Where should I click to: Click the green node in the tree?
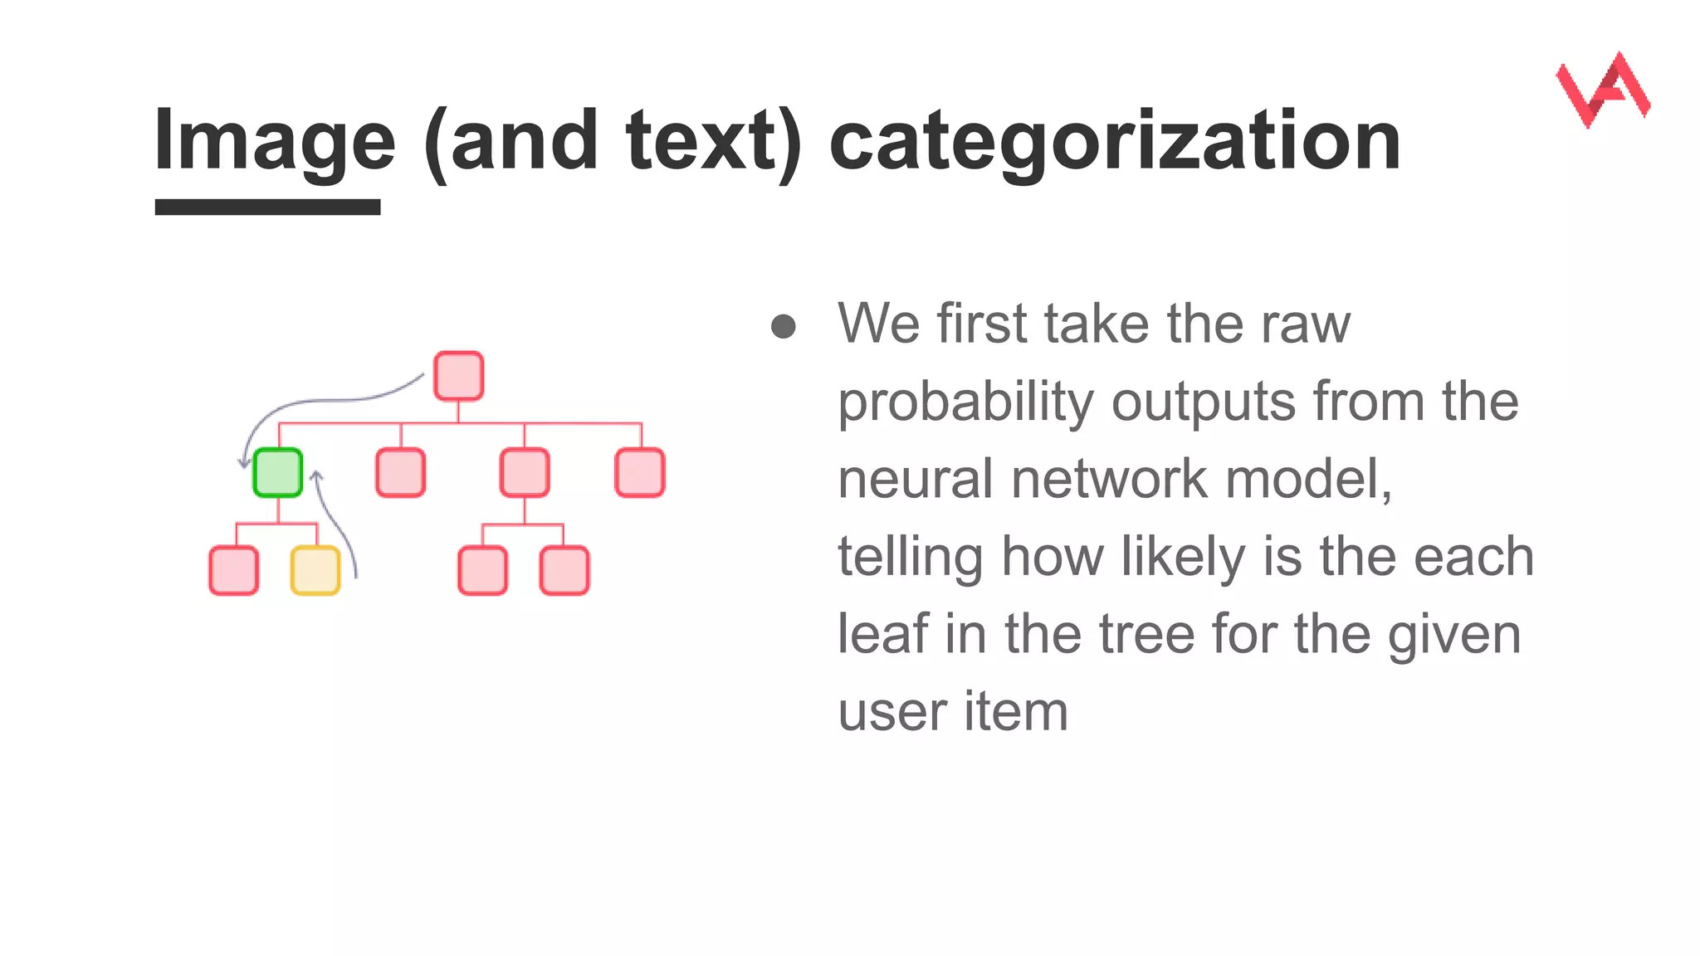[x=277, y=473]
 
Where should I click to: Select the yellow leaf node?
[x=315, y=571]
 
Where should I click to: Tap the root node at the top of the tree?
[x=459, y=376]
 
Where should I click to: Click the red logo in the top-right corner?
[x=1603, y=90]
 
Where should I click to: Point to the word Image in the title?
[x=275, y=141]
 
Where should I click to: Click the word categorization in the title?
[x=1115, y=141]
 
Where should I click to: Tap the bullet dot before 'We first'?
[x=784, y=326]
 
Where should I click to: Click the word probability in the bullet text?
[x=965, y=402]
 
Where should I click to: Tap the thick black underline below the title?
[x=267, y=207]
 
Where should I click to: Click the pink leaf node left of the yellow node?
[x=234, y=571]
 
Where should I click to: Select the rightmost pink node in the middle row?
[x=640, y=473]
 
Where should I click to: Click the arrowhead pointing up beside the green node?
[x=316, y=476]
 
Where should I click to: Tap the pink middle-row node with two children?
[x=525, y=473]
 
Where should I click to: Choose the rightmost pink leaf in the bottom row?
[x=564, y=571]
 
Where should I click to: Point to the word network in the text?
[x=1110, y=480]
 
